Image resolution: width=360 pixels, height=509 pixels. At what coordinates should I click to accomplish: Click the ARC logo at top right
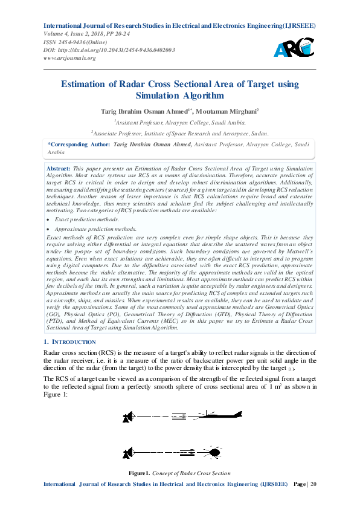[x=294, y=47]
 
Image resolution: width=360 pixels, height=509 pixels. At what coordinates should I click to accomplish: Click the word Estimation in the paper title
[x=85, y=85]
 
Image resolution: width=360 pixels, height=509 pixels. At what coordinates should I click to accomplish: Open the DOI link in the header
[x=109, y=50]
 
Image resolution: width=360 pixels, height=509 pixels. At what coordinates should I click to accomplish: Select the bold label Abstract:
[x=59, y=167]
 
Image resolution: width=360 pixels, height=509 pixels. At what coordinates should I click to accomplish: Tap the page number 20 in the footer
[x=312, y=485]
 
